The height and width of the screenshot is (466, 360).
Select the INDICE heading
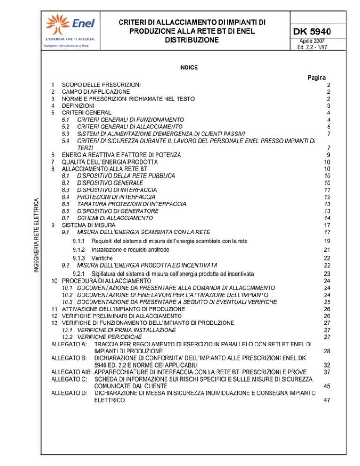pos(188,68)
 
